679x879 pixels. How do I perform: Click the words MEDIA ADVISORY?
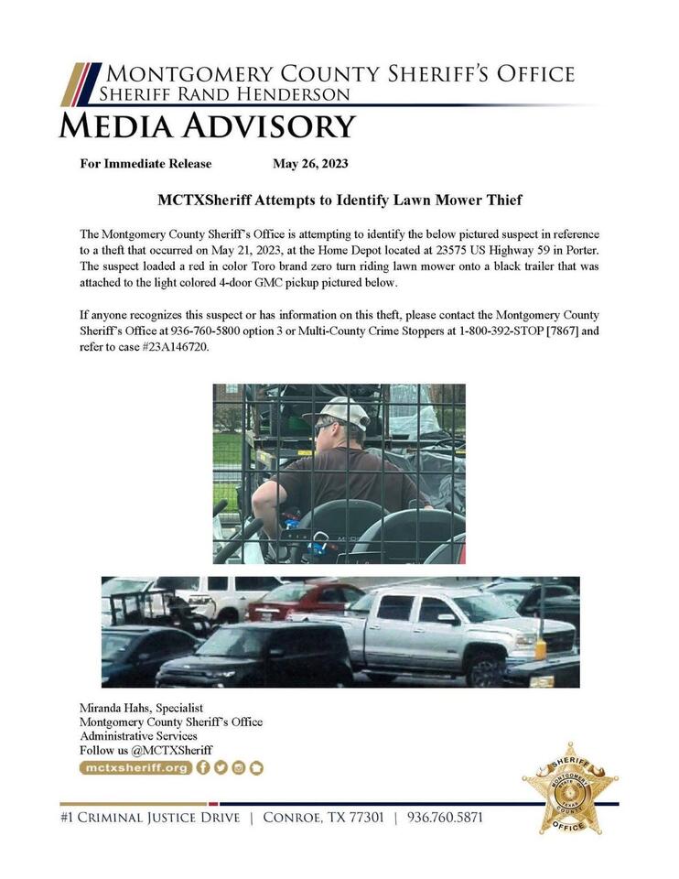coord(207,125)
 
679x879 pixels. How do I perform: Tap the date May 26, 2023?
coord(310,164)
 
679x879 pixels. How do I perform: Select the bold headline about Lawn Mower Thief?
coord(339,200)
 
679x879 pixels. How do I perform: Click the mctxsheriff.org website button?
coord(135,768)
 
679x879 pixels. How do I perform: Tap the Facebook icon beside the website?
coord(203,768)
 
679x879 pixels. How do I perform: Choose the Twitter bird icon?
coord(221,768)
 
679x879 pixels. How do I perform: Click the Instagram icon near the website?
coord(238,768)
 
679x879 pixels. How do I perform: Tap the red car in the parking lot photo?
coord(293,602)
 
